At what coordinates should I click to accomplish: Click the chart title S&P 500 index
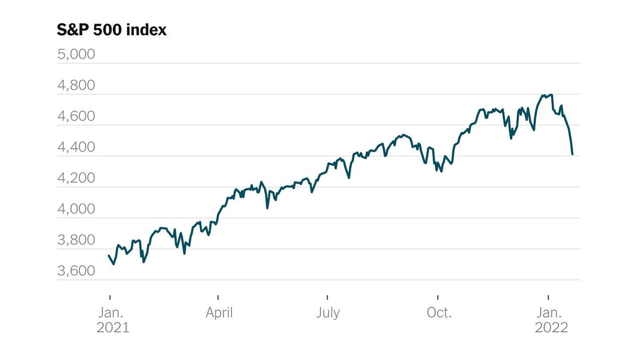111,30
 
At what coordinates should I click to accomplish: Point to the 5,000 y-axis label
76,54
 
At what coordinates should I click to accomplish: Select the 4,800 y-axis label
76,85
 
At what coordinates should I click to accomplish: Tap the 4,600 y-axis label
76,116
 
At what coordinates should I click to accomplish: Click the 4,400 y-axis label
76,147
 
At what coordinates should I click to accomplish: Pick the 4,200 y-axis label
76,178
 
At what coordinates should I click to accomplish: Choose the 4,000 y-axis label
76,209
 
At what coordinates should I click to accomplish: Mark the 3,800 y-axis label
76,240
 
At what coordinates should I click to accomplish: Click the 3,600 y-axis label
76,271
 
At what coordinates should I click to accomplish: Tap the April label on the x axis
219,313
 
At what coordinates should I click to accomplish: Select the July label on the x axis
327,313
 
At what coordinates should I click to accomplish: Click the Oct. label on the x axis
438,313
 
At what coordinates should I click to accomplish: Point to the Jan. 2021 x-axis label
113,319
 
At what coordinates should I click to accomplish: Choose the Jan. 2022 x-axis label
551,319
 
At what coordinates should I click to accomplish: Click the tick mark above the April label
219,296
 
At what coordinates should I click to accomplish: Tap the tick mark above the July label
327,296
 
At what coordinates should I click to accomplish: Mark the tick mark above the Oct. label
438,296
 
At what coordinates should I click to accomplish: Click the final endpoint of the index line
572,154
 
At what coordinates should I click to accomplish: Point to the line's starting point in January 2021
109,255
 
